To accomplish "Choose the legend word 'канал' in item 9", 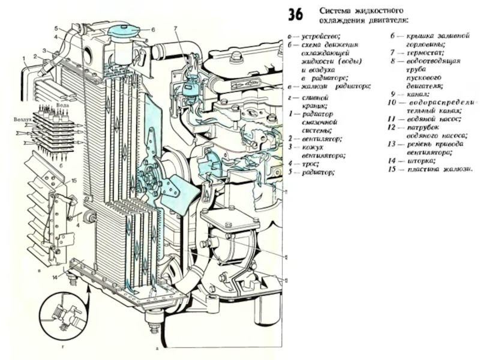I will tap(415, 95).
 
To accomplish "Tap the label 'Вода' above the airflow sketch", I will tap(62, 105).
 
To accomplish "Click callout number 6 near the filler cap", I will tap(152, 29).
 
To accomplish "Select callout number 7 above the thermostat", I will tap(175, 28).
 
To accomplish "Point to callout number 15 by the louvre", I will tap(74, 180).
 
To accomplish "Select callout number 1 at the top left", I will tap(23, 58).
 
